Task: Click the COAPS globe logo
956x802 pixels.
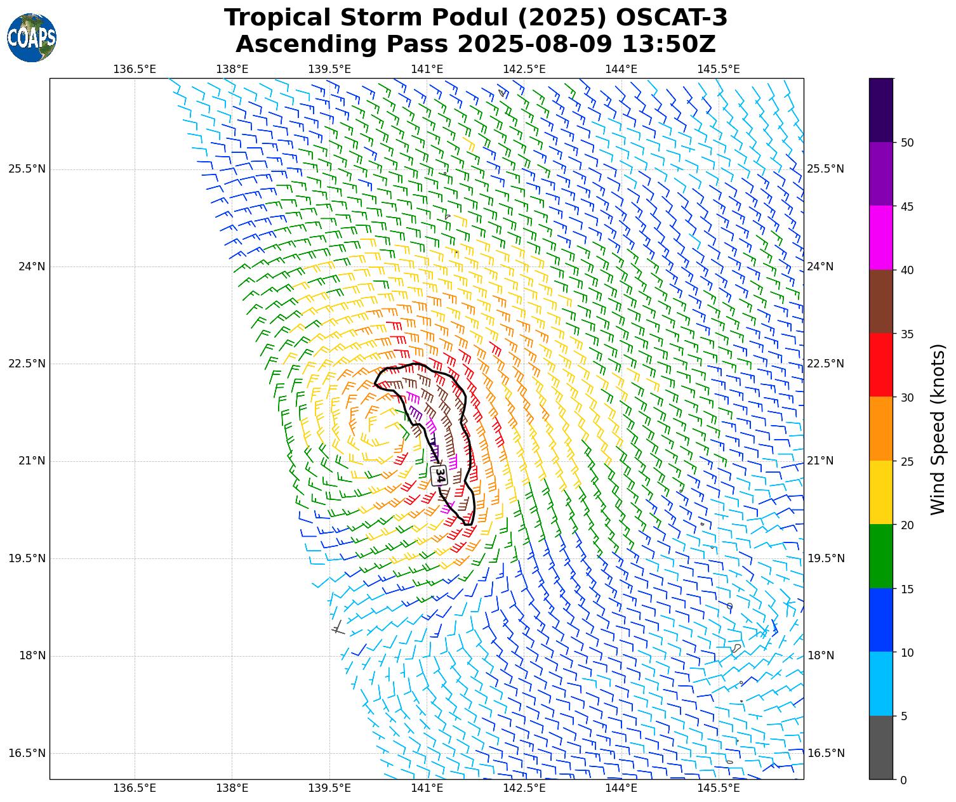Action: coord(32,38)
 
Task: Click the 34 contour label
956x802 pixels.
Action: coord(439,475)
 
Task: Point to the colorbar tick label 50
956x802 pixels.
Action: coord(908,143)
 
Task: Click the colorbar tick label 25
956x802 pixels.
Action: coord(908,461)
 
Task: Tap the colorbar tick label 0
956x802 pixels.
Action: coord(904,780)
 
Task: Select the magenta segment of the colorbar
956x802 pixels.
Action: coord(880,238)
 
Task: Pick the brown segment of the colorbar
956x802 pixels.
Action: coord(880,301)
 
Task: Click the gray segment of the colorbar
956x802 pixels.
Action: coord(880,747)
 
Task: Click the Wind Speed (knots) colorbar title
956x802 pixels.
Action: coord(938,429)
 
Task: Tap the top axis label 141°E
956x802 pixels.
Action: coord(427,69)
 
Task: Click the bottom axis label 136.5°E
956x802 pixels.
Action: coord(135,788)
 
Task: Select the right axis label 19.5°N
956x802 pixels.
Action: coord(825,558)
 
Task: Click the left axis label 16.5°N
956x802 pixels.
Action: coord(27,753)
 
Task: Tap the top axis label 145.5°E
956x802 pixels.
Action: coord(719,69)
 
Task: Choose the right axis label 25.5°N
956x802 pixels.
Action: coord(825,169)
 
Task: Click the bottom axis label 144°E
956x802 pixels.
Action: coord(621,788)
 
